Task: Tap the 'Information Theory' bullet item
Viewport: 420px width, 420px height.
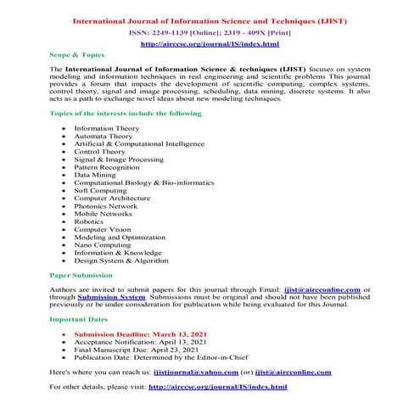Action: (107, 128)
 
